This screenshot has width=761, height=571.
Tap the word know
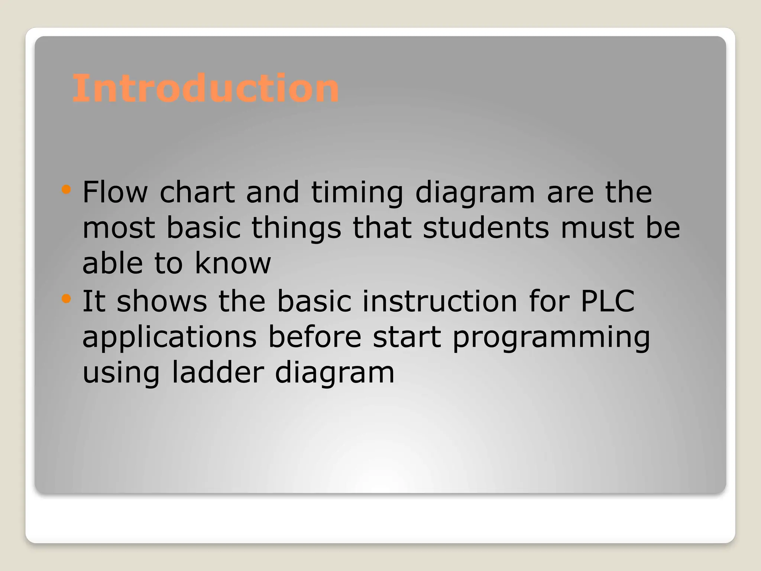(x=233, y=263)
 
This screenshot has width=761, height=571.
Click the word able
(x=113, y=263)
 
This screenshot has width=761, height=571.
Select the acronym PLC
(x=607, y=301)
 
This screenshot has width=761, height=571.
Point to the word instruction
(x=440, y=301)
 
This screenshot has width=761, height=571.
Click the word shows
(x=162, y=301)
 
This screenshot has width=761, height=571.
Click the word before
(x=315, y=336)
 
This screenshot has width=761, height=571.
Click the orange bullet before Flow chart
(x=66, y=190)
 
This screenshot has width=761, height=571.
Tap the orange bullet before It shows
(x=66, y=299)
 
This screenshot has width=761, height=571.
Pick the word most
(x=119, y=228)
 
